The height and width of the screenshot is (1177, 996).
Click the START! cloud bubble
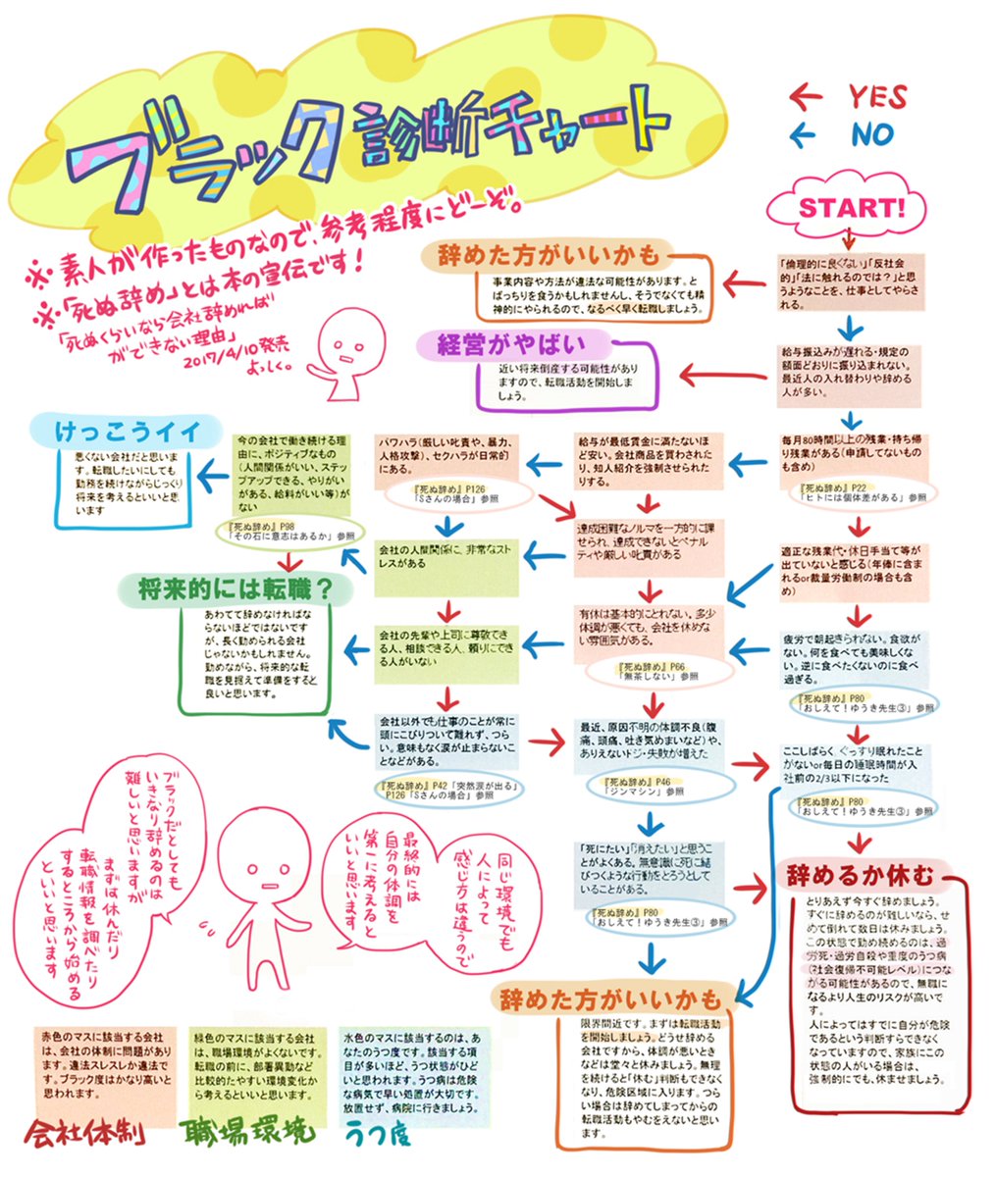tap(850, 208)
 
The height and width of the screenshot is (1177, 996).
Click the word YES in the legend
tap(877, 96)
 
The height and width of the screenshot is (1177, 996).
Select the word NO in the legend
tap(872, 133)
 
